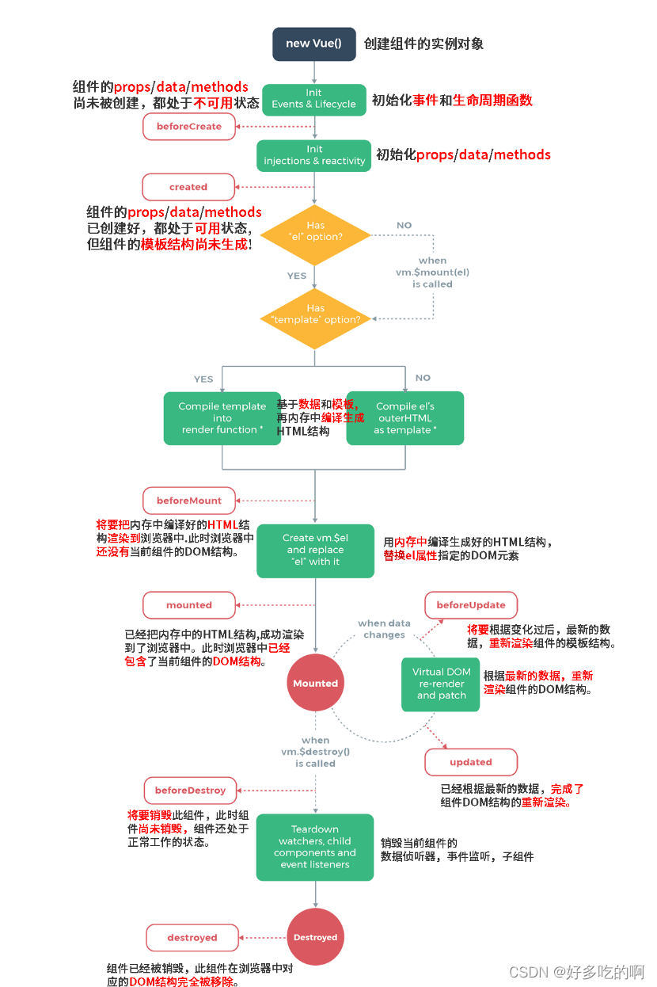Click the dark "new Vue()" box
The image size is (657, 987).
click(314, 44)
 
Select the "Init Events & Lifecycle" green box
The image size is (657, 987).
click(314, 99)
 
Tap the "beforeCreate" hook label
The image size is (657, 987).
click(189, 127)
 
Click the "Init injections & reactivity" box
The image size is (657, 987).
click(314, 155)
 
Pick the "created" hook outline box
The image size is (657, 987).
click(188, 187)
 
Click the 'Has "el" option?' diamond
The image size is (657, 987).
click(315, 231)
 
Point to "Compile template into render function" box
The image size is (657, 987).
click(222, 418)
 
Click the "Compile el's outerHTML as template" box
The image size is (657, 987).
click(405, 418)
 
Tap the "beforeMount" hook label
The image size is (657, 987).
click(189, 501)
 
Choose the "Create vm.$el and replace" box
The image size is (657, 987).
click(315, 550)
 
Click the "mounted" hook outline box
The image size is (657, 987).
click(189, 605)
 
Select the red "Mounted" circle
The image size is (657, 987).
click(315, 684)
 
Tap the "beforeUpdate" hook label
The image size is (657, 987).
click(471, 605)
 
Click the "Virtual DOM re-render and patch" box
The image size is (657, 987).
click(441, 684)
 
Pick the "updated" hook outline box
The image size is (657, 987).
click(471, 762)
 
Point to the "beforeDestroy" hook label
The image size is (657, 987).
click(191, 791)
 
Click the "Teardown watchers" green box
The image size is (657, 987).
click(315, 847)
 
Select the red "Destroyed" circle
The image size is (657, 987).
click(315, 937)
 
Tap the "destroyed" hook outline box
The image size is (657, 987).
click(192, 938)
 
